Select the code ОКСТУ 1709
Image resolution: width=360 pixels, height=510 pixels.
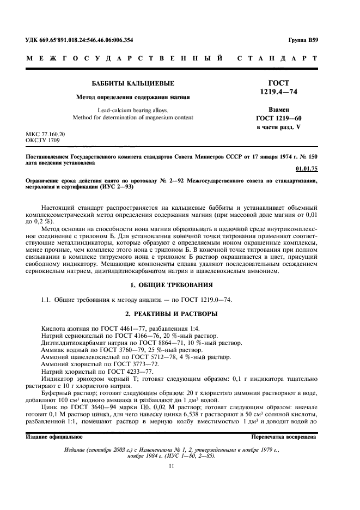point(43,140)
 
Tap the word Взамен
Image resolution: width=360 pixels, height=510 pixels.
point(278,110)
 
